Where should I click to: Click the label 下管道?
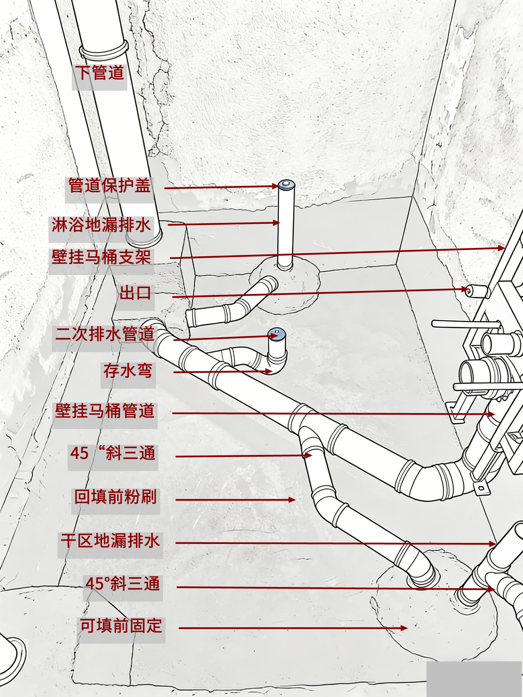coord(100,73)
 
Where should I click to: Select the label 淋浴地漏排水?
coord(101,225)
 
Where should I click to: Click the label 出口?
coord(135,293)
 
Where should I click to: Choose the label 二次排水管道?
coord(105,334)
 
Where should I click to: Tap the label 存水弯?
coord(128,371)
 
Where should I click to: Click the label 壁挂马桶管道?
coord(105,411)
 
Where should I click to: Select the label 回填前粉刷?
coord(115,497)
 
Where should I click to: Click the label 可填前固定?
coord(121,625)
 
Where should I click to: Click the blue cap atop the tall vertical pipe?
coord(286,184)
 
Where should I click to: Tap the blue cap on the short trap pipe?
coord(276,333)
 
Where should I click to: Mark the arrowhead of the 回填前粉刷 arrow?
coord(292,500)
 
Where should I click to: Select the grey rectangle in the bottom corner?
coord(474,679)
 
